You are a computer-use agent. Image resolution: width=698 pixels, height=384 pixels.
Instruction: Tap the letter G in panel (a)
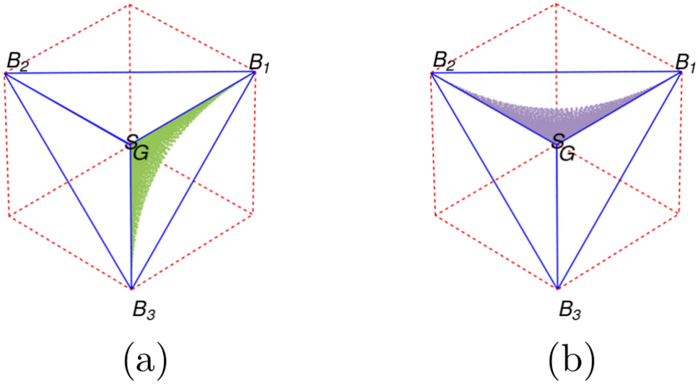pos(142,152)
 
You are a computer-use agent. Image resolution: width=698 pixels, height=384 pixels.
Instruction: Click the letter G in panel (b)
pos(568,152)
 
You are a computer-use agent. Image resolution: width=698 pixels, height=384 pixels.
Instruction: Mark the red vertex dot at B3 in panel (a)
pos(131,287)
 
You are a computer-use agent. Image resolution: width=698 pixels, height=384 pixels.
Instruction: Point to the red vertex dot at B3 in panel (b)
pos(557,287)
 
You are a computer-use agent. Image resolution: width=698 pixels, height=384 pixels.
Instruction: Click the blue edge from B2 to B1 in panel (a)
pos(130,72)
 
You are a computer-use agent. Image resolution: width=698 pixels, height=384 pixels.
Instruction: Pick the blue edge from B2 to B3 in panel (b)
pos(494,180)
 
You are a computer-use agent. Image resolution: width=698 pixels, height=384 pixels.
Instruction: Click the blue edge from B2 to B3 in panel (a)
pos(68,180)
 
